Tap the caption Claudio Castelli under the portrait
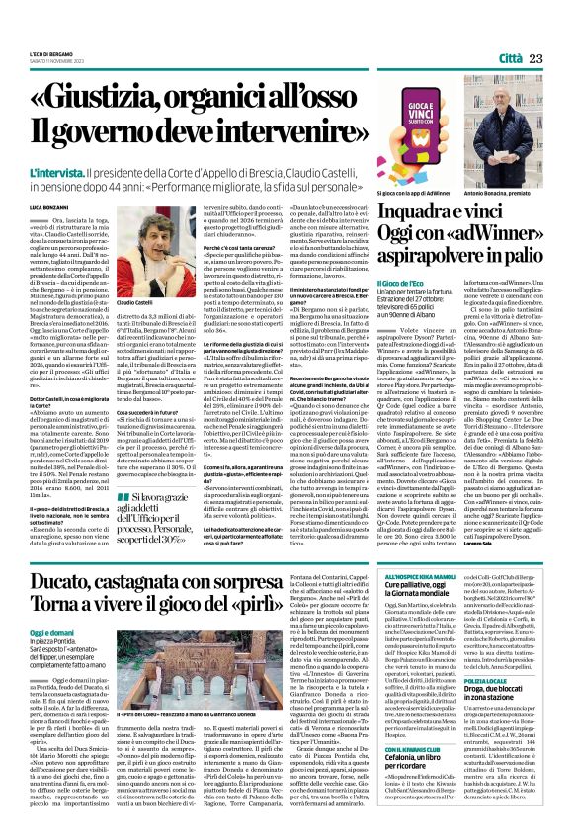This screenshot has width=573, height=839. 136,301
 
